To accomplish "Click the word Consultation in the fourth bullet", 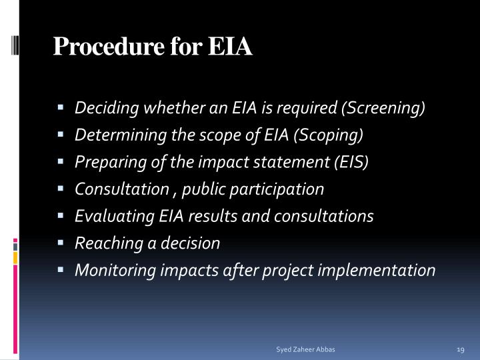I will click(x=121, y=189).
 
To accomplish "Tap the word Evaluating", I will click(x=109, y=216).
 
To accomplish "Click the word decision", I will click(x=194, y=243).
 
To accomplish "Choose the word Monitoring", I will click(x=109, y=270).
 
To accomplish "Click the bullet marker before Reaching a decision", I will click(x=60, y=243).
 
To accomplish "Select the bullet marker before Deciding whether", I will click(x=60, y=108).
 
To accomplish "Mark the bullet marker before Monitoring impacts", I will click(x=60, y=270).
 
